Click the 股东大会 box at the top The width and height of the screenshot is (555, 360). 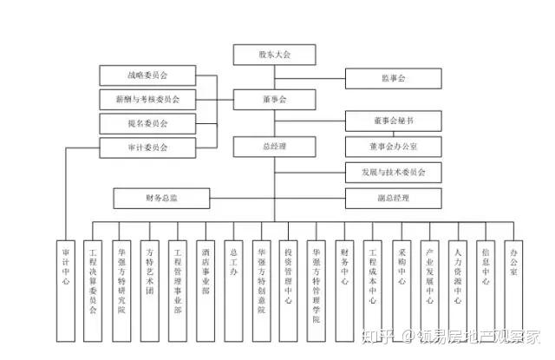[274, 55]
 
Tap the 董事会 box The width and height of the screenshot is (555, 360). [274, 100]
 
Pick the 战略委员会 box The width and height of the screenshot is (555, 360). [147, 75]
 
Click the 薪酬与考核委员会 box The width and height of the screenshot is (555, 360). [147, 99]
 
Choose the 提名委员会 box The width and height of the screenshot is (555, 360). [147, 123]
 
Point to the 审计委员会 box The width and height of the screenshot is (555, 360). [147, 147]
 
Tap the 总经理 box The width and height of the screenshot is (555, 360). [274, 147]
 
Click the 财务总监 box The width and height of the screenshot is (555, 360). [161, 199]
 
